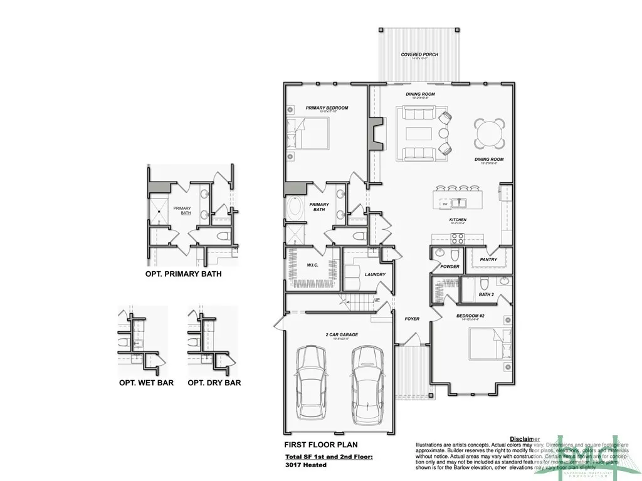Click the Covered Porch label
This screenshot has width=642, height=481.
tap(419, 54)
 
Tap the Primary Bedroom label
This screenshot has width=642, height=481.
tap(327, 108)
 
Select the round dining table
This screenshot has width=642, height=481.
tap(489, 132)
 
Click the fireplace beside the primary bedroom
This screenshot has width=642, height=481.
tap(375, 133)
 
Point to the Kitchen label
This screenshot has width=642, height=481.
tap(458, 220)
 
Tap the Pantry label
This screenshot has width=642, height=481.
tap(488, 259)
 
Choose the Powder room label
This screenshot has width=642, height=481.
tap(450, 266)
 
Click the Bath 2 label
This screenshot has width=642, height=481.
tap(486, 294)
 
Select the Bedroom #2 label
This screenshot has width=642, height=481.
tap(470, 316)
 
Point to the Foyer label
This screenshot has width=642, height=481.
tap(412, 319)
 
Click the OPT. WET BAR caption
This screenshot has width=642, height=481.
tap(146, 382)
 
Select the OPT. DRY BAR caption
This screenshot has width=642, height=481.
tap(214, 382)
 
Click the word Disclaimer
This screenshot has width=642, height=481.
tap(525, 439)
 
